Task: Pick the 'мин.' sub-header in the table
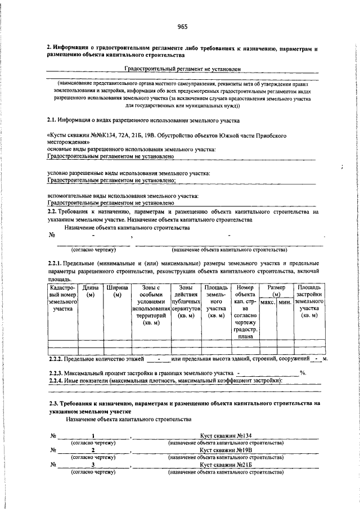[285, 303]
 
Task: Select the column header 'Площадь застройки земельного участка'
[309, 301]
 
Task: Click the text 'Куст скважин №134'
[227, 435]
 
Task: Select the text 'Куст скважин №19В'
[227, 451]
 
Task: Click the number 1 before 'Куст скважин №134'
[93, 435]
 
